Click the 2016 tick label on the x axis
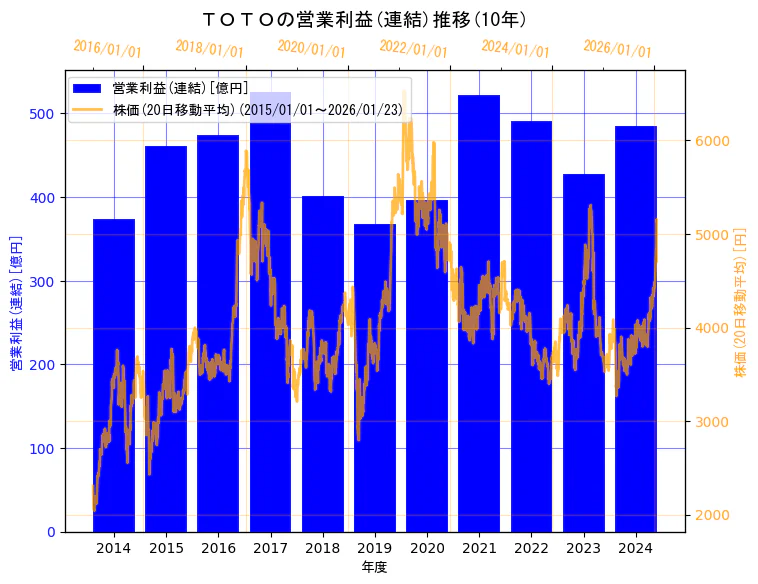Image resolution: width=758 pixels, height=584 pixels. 218,548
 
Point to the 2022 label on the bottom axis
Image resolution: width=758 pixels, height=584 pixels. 532,548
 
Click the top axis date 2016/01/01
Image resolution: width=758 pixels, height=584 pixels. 108,49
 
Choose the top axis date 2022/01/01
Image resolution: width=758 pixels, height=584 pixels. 414,49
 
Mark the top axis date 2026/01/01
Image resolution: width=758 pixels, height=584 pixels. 617,49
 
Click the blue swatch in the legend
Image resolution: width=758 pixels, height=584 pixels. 87,89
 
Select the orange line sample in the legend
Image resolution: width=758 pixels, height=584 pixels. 87,110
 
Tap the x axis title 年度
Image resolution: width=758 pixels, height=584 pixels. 375,567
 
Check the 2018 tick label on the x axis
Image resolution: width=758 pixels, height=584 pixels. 323,548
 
